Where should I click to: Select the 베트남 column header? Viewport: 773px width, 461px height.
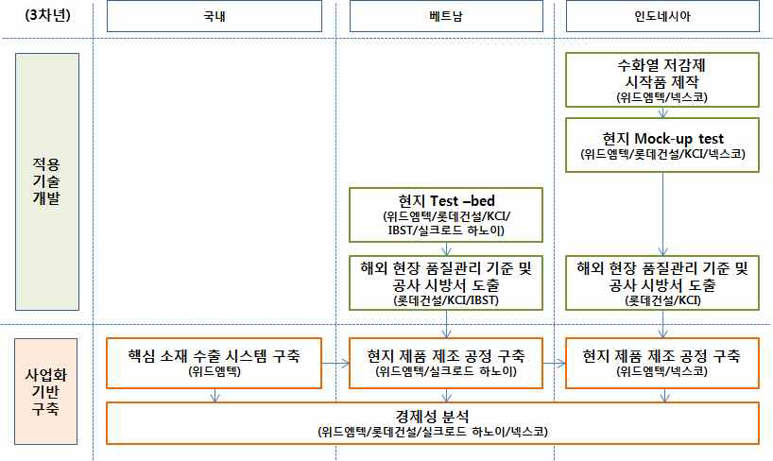tap(446, 17)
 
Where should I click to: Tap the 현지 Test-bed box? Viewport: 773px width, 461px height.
tap(446, 214)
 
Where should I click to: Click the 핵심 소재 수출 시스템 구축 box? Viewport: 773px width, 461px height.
tap(215, 363)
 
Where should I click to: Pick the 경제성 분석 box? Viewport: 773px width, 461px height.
tap(434, 421)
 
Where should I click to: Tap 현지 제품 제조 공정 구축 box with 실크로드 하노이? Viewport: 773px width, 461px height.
tap(446, 363)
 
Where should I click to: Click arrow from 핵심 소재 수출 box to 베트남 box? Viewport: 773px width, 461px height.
tap(335, 362)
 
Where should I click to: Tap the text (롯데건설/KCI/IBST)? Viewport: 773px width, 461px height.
tap(446, 300)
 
